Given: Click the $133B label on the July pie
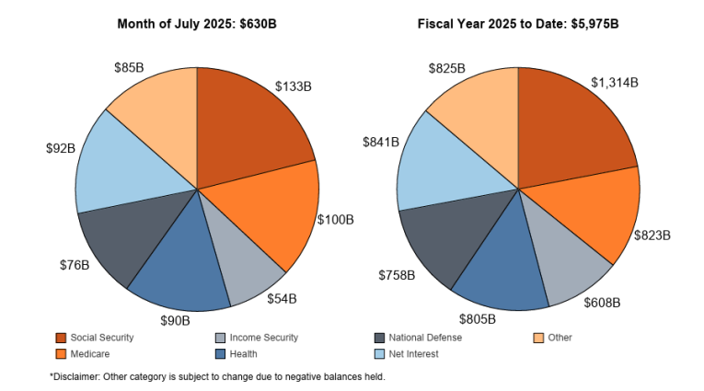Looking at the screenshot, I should (x=294, y=86).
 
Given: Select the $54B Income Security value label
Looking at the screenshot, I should (x=282, y=298).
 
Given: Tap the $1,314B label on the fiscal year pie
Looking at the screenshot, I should (x=615, y=83).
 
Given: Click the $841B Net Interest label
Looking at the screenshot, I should (x=381, y=142).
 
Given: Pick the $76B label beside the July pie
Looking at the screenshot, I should (x=75, y=265).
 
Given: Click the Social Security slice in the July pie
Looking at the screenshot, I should (x=248, y=120).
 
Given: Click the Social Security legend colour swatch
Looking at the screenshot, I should (x=61, y=338).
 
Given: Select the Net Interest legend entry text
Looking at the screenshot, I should (x=413, y=353).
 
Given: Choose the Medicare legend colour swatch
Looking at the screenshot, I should (x=61, y=353).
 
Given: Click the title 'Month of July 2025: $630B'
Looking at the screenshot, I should (x=197, y=22).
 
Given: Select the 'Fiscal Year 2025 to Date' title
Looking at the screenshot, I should (x=517, y=22).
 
